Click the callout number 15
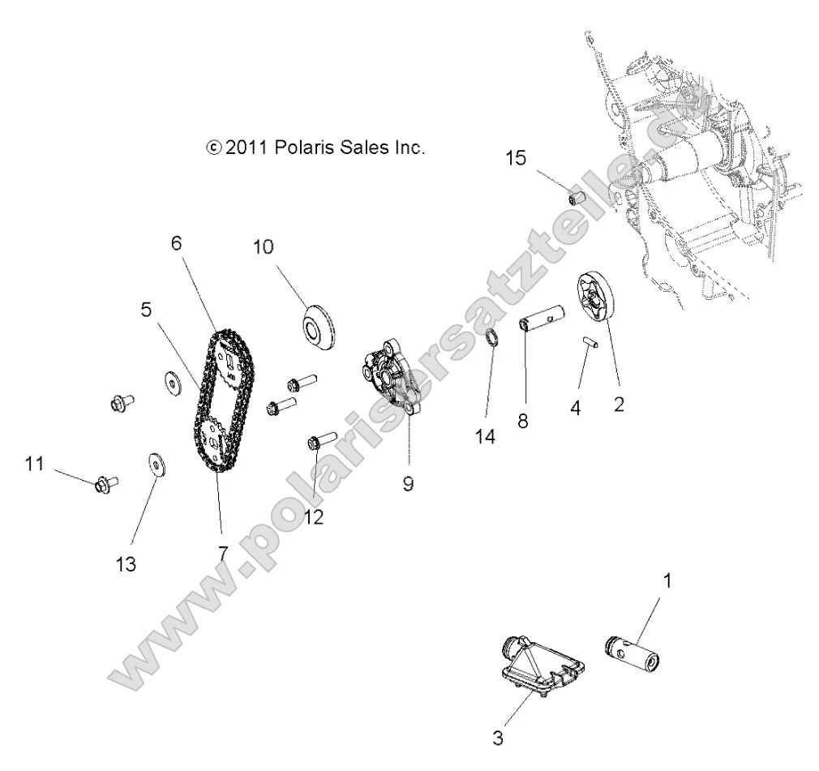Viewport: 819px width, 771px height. (x=516, y=157)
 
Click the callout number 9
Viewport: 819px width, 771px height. (x=407, y=483)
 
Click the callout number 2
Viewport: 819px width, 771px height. (x=619, y=403)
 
